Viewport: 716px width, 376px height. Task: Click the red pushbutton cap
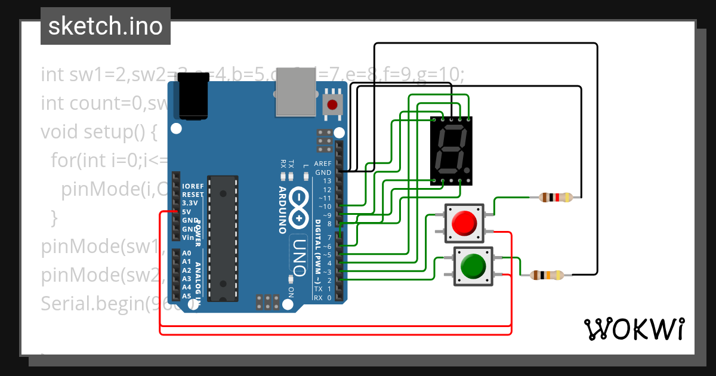(x=464, y=223)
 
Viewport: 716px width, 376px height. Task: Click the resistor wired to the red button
(x=555, y=197)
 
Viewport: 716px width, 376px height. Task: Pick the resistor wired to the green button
(x=547, y=275)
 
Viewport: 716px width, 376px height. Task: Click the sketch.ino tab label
(x=106, y=27)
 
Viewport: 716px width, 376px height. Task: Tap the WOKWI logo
(x=634, y=329)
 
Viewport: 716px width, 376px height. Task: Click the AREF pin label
(x=323, y=164)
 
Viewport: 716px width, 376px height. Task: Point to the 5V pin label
(x=187, y=212)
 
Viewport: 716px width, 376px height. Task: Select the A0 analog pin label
(x=187, y=253)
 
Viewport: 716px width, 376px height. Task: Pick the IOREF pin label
(x=192, y=186)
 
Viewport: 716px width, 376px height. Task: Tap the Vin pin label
(x=187, y=237)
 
